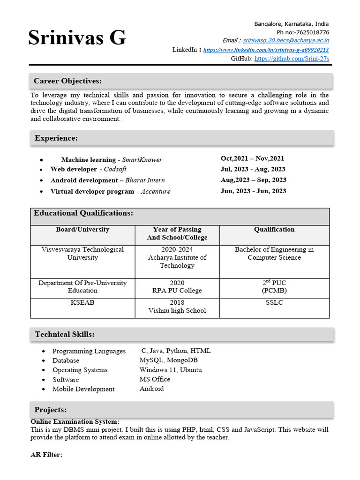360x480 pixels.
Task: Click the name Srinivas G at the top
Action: coord(77,38)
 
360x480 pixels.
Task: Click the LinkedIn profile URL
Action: coord(266,50)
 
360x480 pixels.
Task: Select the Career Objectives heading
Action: coord(67,81)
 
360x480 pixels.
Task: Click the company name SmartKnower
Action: coord(142,160)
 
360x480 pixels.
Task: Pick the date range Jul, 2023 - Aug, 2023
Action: coord(253,169)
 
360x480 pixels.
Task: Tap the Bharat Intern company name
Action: coord(145,180)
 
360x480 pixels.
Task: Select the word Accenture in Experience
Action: coord(156,191)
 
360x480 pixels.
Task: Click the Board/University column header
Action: coord(82,230)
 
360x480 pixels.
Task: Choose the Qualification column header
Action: coord(274,230)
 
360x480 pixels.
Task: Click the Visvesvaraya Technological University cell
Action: coord(82,254)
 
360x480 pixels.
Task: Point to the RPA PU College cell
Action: coord(177,291)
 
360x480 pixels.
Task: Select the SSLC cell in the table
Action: coord(274,303)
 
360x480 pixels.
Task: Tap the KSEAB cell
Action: coord(82,303)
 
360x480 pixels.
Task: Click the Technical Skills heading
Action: coord(65,334)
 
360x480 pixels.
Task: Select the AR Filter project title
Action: coord(46,455)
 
